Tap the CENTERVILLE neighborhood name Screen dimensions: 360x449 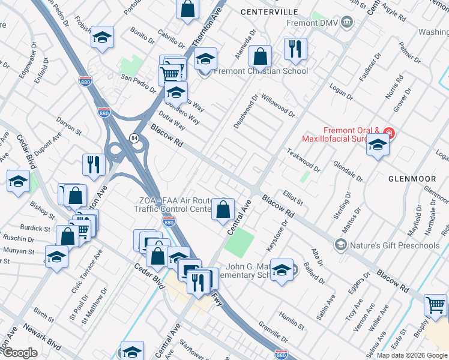click(269, 11)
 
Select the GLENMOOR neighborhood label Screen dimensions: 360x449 click(415, 178)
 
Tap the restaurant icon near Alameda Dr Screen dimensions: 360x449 click(295, 50)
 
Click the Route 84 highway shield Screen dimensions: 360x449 click(133, 138)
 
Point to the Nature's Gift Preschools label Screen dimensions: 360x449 click(394, 245)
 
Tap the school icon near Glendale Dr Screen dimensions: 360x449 click(378, 145)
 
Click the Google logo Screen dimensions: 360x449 click(20, 353)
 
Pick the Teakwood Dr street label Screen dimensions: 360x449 click(304, 161)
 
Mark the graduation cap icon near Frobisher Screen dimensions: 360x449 click(103, 38)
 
